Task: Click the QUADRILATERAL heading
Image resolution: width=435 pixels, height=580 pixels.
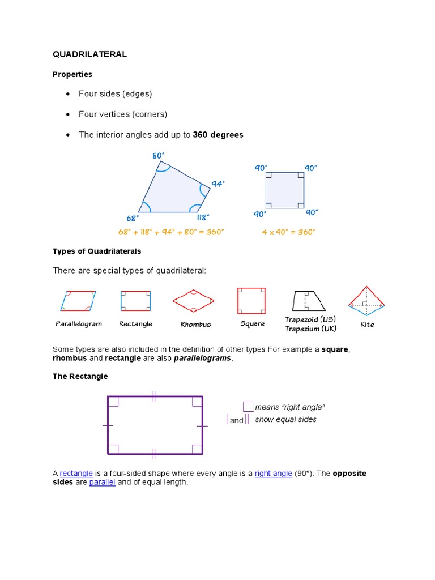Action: (x=89, y=54)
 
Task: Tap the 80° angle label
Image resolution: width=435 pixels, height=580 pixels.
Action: (x=159, y=156)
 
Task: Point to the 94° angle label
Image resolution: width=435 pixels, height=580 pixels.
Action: (x=218, y=184)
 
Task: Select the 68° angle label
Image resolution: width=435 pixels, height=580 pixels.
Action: (x=133, y=217)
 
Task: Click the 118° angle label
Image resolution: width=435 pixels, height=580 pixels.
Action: (x=203, y=217)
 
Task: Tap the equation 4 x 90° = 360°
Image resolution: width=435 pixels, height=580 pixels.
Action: (x=288, y=232)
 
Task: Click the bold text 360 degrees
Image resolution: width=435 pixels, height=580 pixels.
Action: (x=218, y=135)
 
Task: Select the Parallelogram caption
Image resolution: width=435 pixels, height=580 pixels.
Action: (x=79, y=324)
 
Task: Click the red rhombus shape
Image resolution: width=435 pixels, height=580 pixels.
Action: (x=194, y=301)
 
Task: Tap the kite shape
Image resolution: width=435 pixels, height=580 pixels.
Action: (x=367, y=301)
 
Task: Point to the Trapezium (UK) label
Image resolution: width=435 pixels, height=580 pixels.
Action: (x=310, y=329)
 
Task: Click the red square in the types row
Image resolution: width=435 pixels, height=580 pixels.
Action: (x=251, y=301)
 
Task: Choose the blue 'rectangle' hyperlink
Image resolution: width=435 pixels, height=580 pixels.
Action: (x=76, y=474)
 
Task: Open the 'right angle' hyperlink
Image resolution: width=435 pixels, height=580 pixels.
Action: (x=274, y=474)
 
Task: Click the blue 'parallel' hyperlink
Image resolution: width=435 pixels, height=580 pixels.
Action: (x=102, y=483)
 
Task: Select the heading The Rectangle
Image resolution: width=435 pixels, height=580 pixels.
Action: (x=80, y=376)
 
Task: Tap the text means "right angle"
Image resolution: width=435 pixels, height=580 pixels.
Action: (x=290, y=407)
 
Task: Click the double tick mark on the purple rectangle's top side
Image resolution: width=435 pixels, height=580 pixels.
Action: (x=155, y=396)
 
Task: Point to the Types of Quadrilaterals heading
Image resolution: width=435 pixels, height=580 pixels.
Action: (x=97, y=251)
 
